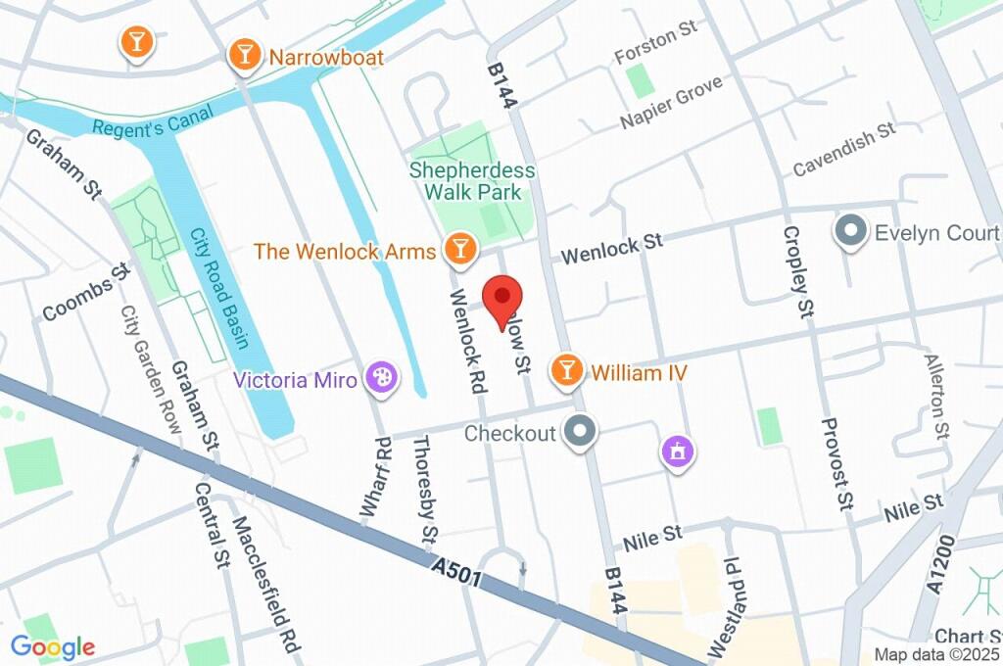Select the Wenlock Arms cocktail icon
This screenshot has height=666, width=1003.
pos(458,251)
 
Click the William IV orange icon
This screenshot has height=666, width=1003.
pos(565,371)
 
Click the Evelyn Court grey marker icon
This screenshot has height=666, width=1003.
pos(849,232)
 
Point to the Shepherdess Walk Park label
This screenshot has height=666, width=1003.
pos(473,181)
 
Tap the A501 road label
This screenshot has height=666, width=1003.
pos(456,572)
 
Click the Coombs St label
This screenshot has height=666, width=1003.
pos(86,292)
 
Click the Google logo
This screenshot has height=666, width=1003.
pos(53,646)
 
